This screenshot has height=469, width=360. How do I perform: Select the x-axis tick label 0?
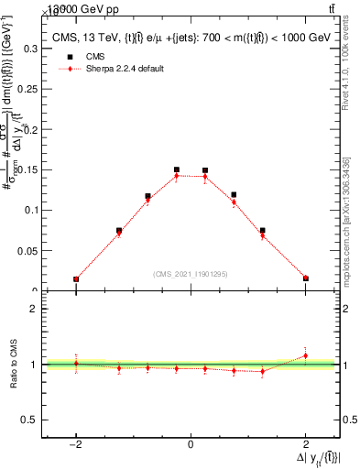click(191, 443)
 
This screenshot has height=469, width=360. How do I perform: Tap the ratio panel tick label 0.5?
click(33, 420)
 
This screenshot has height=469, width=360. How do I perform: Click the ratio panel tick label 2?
click(37, 309)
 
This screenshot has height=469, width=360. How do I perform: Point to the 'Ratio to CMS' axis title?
click(14, 365)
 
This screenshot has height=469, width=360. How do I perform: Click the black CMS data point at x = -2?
click(76, 278)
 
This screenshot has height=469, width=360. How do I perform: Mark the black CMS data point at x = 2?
click(306, 278)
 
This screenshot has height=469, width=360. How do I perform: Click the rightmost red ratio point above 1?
click(306, 355)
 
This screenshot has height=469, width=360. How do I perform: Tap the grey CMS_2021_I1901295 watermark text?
click(191, 274)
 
